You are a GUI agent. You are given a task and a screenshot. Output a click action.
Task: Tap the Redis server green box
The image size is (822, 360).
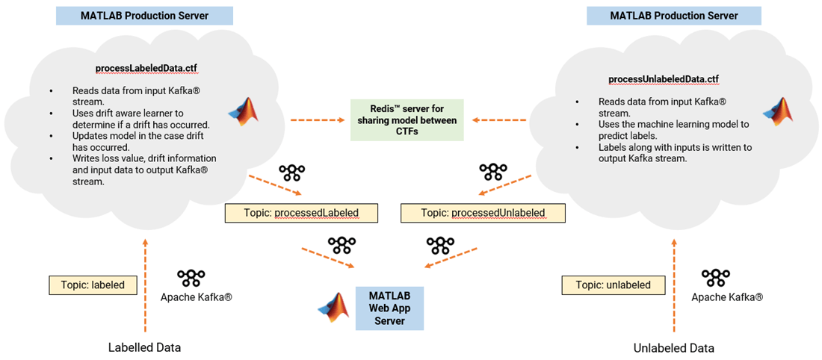coord(407,120)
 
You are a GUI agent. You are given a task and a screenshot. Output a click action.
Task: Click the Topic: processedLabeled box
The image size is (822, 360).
coord(301,213)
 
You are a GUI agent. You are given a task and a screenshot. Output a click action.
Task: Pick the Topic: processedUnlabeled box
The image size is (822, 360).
coord(483,213)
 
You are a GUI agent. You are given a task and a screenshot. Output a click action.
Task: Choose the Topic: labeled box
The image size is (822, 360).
coord(93,285)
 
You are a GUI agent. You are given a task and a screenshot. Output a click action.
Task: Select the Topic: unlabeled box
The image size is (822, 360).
coord(613,285)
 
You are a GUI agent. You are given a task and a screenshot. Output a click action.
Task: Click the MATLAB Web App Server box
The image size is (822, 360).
coord(389,308)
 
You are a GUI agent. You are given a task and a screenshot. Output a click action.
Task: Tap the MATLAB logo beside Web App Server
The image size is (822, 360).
coord(334,308)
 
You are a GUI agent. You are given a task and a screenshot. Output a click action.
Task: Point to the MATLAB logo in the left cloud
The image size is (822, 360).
coord(242,111)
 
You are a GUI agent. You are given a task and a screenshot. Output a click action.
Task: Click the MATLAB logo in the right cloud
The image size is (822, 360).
coord(777,111)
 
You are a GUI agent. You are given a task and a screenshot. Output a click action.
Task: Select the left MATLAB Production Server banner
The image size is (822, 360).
coord(144,16)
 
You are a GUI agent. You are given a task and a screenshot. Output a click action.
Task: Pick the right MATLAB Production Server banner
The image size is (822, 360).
coord(673,16)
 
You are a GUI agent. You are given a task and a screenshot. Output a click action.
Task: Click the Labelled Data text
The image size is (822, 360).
coord(144,347)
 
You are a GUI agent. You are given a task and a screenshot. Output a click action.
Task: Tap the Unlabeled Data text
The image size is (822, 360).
coord(673,347)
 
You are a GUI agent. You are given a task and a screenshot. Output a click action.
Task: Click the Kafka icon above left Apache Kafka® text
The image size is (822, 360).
coord(192,279)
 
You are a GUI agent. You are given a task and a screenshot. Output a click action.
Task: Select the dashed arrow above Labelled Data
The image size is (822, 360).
coord(145,285)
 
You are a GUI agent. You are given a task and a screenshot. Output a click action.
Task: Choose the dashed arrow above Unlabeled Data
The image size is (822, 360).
coord(674,285)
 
